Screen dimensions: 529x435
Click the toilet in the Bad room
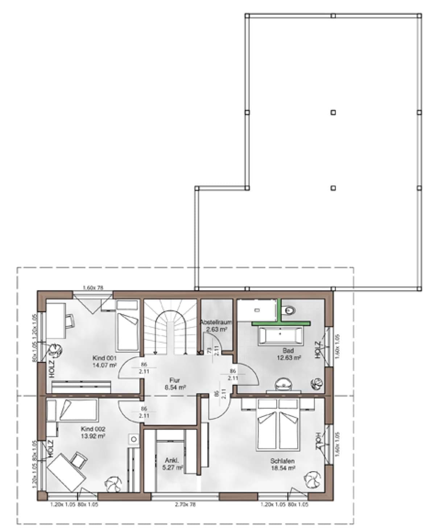pos(290,311)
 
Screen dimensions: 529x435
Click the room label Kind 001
pos(104,358)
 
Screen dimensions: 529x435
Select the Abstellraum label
pos(216,322)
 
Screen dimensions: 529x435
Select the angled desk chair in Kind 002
pos(79,459)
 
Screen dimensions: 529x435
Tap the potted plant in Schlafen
pos(312,480)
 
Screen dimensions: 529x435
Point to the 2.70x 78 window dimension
pos(185,504)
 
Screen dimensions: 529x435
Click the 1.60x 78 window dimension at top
pos(93,288)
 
